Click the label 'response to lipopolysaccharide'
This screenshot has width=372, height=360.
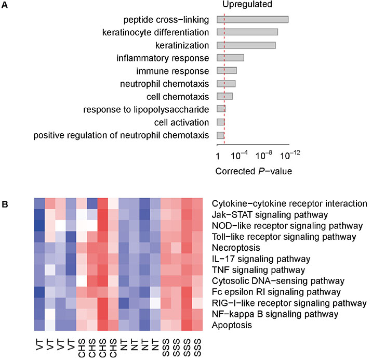coord(146,109)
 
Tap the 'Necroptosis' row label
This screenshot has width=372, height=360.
coord(235,249)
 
